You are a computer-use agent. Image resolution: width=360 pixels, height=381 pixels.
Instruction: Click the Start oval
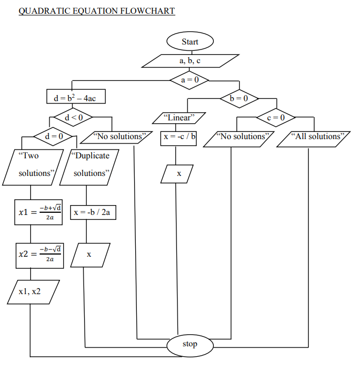(190, 41)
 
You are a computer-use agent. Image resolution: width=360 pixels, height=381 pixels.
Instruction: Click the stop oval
(190, 344)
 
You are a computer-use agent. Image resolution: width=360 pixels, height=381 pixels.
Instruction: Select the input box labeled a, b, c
(190, 60)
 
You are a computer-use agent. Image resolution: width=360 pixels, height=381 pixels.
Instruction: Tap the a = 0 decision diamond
(190, 80)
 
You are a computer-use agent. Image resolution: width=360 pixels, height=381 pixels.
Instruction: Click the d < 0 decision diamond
(71, 117)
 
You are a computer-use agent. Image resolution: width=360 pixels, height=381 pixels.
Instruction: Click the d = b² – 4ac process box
(76, 98)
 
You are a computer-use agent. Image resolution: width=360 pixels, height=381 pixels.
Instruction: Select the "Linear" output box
(179, 118)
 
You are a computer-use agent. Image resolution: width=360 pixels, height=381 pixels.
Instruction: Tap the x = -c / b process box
(179, 136)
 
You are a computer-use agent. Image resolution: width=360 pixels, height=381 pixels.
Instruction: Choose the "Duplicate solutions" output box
(91, 165)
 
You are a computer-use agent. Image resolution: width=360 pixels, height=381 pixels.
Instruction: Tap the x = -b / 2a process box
(93, 212)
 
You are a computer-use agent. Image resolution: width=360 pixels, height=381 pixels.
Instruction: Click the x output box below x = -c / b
(178, 174)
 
